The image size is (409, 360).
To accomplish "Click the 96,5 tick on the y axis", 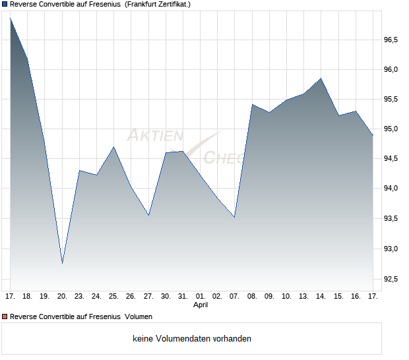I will (391, 40).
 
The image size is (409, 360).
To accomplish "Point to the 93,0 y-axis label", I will (391, 249).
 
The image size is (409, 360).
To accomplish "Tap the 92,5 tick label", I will (391, 279).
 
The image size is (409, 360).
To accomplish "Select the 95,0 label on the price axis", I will (391, 129).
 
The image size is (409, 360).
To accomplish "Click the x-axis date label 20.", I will (62, 296).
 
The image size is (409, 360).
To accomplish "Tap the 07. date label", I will (234, 296).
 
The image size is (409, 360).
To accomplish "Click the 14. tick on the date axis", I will (321, 296).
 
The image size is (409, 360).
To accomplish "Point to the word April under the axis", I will (201, 305).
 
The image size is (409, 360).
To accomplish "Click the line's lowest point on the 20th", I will (62, 263).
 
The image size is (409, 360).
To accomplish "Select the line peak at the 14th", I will (321, 78).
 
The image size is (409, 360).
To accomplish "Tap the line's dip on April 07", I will (234, 217).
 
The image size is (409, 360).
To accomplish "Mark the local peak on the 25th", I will (113, 146).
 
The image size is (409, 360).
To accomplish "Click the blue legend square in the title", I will (5, 4).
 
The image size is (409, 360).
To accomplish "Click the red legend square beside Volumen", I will (5, 316).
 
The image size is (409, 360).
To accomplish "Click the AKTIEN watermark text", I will (154, 136).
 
